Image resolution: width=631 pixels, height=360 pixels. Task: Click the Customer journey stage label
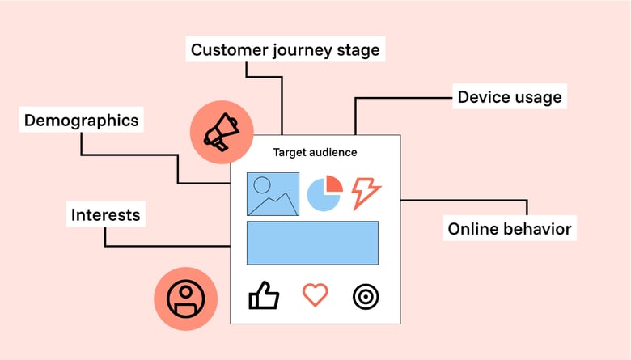click(285, 50)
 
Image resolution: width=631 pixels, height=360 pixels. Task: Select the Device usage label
click(509, 97)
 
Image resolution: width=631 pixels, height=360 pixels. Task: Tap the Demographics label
click(81, 121)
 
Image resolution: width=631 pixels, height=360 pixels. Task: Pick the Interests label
click(105, 214)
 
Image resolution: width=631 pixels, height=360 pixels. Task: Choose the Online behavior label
click(510, 229)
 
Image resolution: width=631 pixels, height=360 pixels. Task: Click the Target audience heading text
click(315, 152)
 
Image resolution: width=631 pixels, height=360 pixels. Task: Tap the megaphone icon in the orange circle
click(221, 132)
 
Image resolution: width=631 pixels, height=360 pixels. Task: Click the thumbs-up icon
click(263, 296)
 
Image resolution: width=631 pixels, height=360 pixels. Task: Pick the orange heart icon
click(315, 295)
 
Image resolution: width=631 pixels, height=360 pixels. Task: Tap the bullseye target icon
click(366, 296)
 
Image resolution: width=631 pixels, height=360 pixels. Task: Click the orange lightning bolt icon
click(366, 193)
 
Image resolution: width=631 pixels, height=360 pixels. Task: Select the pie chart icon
click(325, 194)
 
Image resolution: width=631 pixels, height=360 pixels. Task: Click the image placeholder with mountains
click(273, 194)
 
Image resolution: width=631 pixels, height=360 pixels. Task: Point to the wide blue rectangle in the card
click(312, 243)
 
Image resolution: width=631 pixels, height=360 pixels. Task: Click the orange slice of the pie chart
click(333, 185)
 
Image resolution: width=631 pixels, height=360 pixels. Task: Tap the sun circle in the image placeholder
click(262, 184)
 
